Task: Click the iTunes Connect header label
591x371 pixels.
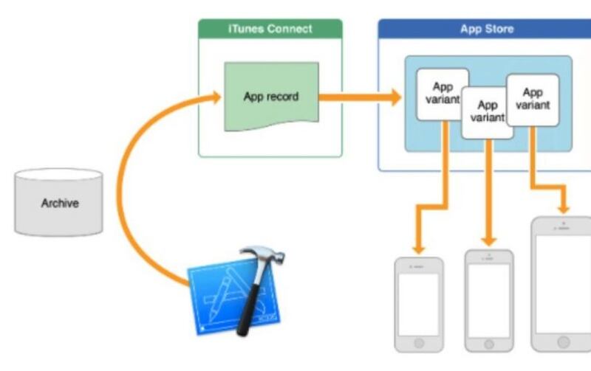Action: click(x=270, y=30)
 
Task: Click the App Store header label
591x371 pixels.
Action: click(x=487, y=30)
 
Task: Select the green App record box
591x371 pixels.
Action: click(x=271, y=97)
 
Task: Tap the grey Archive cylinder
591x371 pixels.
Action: click(x=59, y=203)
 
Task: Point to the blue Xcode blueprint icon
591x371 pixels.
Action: click(x=222, y=295)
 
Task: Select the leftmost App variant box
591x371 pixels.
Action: click(x=441, y=94)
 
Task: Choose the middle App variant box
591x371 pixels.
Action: click(x=487, y=111)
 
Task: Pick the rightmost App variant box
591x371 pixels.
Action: click(x=532, y=98)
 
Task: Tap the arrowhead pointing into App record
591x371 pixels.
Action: click(x=216, y=97)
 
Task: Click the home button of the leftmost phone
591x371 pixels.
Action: click(x=419, y=343)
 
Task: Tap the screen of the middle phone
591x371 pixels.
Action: click(x=488, y=301)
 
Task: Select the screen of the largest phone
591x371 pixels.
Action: click(x=564, y=284)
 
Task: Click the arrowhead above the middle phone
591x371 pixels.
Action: click(x=488, y=240)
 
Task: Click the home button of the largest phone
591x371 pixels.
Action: click(x=564, y=342)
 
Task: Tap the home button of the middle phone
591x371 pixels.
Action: click(x=488, y=343)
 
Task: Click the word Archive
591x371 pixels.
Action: click(x=59, y=204)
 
